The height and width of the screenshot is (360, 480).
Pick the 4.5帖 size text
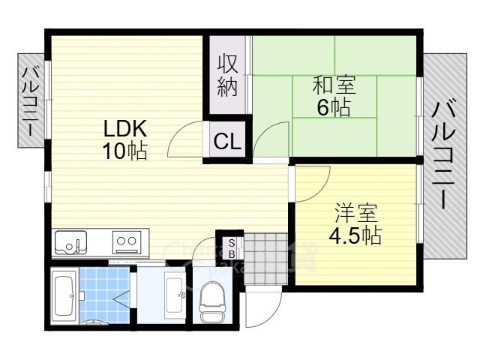click(x=355, y=236)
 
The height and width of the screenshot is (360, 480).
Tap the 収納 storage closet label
click(x=228, y=76)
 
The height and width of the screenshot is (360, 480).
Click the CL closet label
click(x=226, y=141)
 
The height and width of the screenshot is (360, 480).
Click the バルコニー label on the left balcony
click(x=30, y=100)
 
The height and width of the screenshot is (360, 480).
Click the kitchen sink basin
click(x=72, y=243)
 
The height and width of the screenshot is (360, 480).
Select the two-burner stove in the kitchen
click(x=126, y=242)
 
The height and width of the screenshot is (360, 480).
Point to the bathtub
click(x=64, y=297)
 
